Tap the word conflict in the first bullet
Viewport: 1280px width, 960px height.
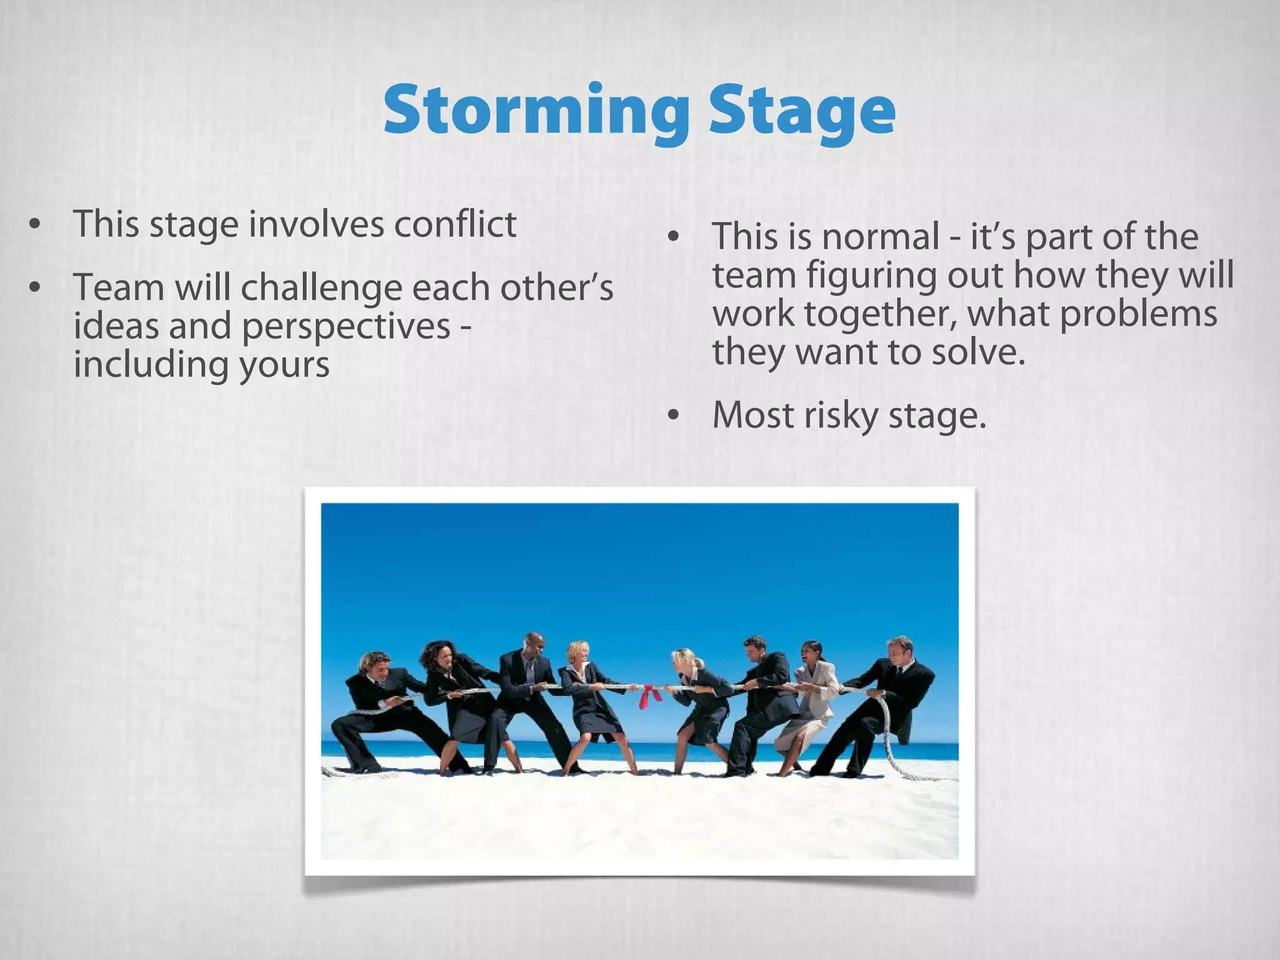tap(454, 224)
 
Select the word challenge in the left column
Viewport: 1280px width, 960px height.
tap(322, 289)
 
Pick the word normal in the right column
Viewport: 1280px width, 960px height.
tap(881, 237)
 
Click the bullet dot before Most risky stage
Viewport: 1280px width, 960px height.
tap(672, 416)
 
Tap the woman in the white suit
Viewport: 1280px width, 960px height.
tap(810, 706)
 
